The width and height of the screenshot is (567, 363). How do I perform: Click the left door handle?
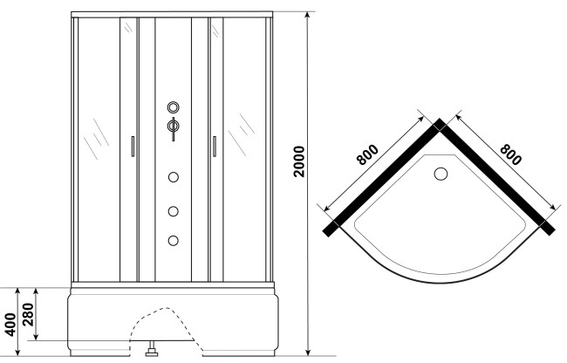[131, 146]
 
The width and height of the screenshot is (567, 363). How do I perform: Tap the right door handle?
[211, 146]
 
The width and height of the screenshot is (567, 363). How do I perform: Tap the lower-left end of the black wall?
[329, 229]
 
